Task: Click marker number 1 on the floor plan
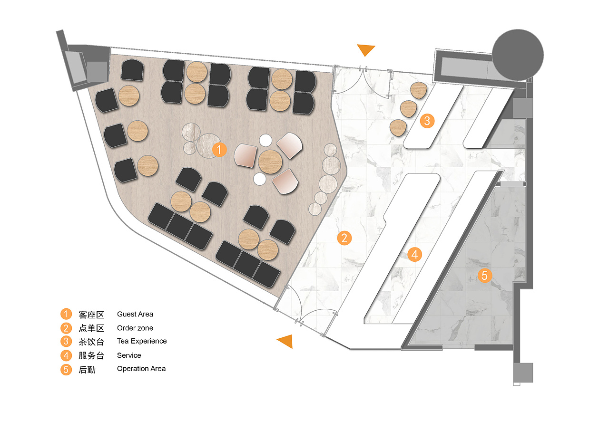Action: pos(219,150)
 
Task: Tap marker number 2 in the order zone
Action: pos(344,238)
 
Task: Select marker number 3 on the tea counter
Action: pos(427,121)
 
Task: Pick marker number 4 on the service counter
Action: pos(415,254)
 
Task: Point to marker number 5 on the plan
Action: pos(484,275)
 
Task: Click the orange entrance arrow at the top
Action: pos(366,49)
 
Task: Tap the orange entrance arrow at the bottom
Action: pos(285,341)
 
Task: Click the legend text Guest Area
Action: pos(135,314)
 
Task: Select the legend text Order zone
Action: pos(135,328)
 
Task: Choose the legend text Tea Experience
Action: pos(142,341)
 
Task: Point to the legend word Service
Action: pos(129,355)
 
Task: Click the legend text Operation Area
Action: pos(141,369)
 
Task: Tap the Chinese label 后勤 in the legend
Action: pos(87,369)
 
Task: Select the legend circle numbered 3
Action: pos(66,341)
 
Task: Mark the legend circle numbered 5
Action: pos(66,369)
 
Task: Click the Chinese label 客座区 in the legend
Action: pos(91,315)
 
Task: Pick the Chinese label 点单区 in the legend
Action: pos(91,328)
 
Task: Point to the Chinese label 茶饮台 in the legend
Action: pos(91,342)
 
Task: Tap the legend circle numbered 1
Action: pos(66,314)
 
